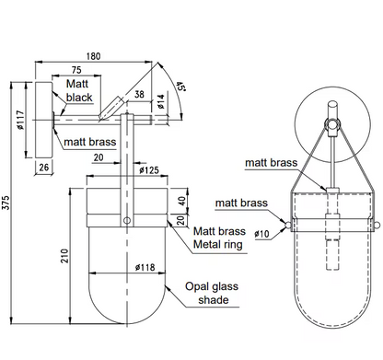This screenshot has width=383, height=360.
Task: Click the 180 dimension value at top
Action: [x=93, y=56]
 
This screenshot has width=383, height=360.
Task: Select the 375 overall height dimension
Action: [x=6, y=203]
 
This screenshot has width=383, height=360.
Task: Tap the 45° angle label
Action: [x=181, y=87]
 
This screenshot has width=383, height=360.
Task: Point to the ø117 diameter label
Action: [x=20, y=120]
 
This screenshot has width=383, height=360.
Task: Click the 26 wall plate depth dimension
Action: [x=44, y=168]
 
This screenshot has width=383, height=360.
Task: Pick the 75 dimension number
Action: [x=76, y=70]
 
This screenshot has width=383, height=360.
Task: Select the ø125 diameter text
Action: [x=149, y=170]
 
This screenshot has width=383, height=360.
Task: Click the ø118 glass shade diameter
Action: [x=145, y=267]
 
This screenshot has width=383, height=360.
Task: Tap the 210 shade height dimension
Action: [x=64, y=256]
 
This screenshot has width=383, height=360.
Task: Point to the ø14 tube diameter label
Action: [x=161, y=101]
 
